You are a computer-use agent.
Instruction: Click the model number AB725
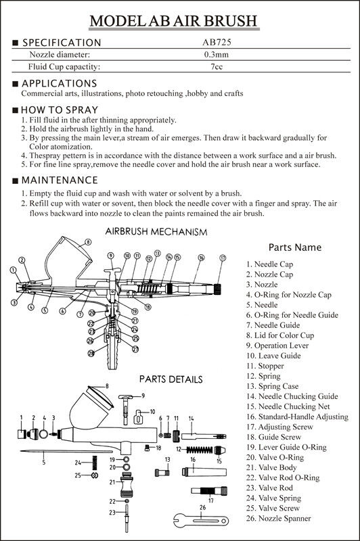click(217, 43)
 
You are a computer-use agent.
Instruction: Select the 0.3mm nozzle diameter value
click(217, 55)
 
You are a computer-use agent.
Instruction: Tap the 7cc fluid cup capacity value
click(217, 66)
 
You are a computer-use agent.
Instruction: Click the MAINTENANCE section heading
click(60, 180)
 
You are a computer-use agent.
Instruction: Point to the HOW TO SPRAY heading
click(60, 110)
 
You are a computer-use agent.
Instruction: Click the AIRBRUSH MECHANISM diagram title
click(156, 231)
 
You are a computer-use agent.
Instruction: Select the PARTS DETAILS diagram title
click(171, 379)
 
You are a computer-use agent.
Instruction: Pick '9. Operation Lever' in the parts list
click(277, 346)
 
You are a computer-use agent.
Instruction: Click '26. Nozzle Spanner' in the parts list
click(279, 518)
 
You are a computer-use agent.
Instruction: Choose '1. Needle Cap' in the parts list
click(269, 264)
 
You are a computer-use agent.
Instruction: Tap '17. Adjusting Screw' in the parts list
click(279, 427)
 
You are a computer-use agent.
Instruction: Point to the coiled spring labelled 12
click(200, 450)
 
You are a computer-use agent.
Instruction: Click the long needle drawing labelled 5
click(66, 451)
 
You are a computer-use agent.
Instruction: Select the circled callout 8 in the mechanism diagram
click(88, 242)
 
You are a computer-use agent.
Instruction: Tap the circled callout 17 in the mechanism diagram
click(223, 258)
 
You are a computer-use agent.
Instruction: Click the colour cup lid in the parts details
click(100, 396)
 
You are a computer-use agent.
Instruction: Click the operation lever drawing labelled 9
click(125, 408)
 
